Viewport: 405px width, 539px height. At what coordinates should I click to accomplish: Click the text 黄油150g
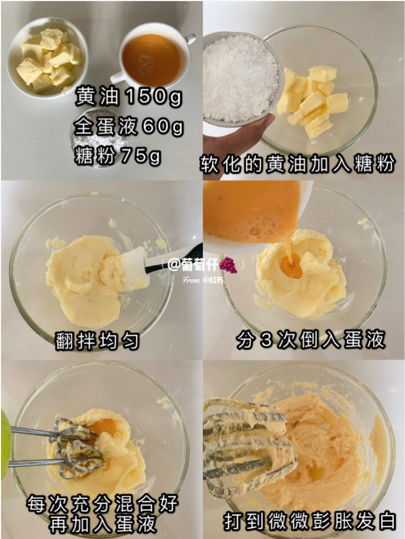coord(129,96)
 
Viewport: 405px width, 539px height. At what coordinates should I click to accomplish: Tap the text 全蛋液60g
coord(129,127)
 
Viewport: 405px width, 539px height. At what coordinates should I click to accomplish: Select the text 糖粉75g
coord(117,156)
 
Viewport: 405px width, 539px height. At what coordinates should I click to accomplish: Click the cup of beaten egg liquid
coord(153,57)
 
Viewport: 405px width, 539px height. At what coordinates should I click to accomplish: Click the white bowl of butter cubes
coord(47,58)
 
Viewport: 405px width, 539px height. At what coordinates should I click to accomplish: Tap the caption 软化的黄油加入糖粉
coord(297,164)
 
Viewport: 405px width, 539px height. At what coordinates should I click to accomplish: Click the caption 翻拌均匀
coord(97,341)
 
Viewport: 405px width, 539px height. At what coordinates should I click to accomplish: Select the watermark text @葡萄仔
coord(193,265)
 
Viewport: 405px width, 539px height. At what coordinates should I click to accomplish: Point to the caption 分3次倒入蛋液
coord(311,340)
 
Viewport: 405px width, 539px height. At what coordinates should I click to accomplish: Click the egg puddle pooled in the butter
coord(291,267)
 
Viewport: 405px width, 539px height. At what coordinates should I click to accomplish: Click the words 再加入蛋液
coord(103,524)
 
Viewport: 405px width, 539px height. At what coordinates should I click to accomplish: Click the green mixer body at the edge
coord(5,444)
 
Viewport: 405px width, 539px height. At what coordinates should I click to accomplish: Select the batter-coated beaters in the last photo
coord(249,444)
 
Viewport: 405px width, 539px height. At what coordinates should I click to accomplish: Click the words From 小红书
coord(202,280)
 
